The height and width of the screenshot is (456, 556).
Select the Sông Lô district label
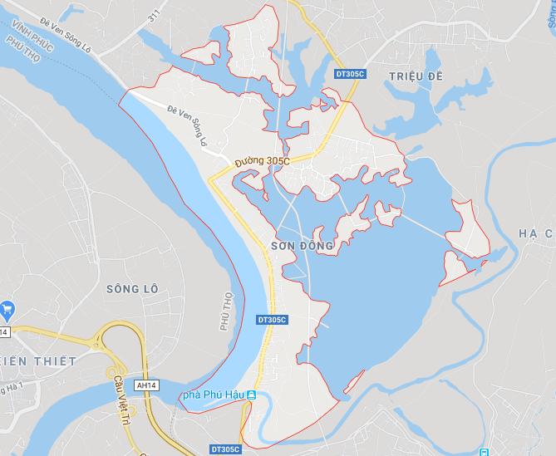132,288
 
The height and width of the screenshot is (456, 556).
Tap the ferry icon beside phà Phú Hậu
250,395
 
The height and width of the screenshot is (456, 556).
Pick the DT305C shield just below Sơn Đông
272,320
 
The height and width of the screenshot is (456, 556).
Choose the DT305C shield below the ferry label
227,449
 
